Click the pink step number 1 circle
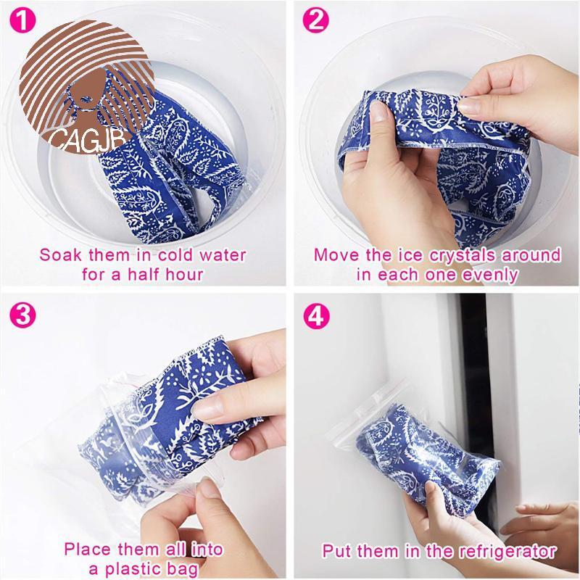22,20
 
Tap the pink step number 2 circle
315,20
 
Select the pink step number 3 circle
22,315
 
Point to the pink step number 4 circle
316,316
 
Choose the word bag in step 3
183,570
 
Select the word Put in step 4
336,551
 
